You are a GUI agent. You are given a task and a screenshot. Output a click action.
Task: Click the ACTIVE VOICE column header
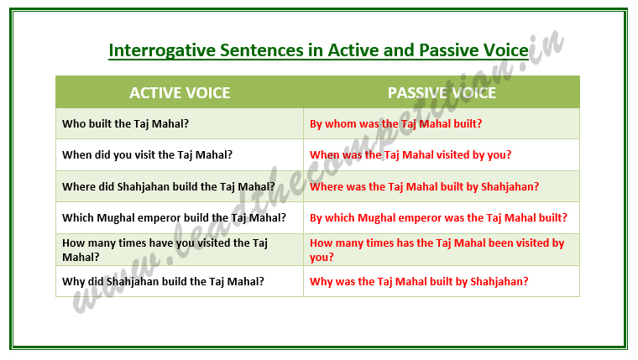point(180,92)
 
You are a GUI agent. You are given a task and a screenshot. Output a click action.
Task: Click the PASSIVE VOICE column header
point(442,92)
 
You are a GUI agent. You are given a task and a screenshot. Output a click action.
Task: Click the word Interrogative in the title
point(157,50)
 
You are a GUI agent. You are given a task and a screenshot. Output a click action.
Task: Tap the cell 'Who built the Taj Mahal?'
point(125,123)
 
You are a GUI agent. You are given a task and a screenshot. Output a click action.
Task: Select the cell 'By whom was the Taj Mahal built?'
point(395,123)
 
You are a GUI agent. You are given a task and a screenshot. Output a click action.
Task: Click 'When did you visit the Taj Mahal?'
point(147,154)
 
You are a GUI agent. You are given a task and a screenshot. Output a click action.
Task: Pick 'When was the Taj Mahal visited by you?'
point(411,154)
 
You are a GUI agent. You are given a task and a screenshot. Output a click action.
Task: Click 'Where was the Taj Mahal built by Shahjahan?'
point(424,186)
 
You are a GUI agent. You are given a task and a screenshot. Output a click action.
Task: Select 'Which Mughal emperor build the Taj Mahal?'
point(174,217)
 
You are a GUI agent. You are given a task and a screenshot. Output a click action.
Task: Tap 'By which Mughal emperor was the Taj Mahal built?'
point(438,217)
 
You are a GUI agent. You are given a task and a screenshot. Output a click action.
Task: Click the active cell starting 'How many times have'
point(165,249)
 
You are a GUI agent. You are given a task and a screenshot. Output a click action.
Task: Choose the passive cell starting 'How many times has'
point(437,249)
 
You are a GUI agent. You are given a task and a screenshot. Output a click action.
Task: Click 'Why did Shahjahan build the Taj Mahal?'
point(163,281)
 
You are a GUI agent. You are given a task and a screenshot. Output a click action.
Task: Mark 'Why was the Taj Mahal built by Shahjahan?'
point(419,281)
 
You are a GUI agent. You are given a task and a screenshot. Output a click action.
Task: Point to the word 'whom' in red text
point(341,123)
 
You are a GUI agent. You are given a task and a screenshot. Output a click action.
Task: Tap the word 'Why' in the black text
point(73,281)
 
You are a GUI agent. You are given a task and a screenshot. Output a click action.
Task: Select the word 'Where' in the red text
point(327,186)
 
